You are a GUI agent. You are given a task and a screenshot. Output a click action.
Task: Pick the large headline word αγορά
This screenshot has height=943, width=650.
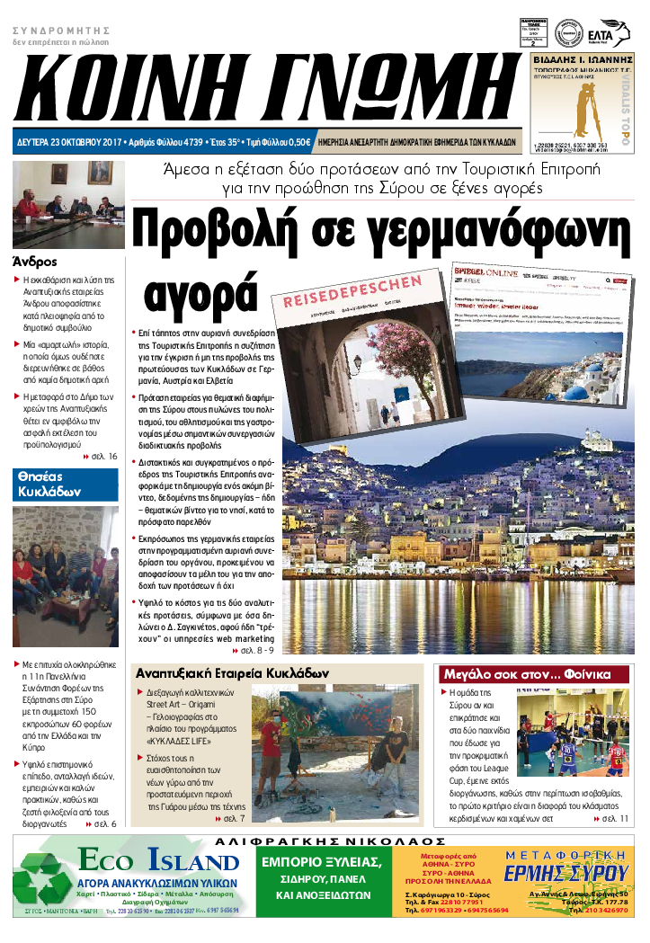(x=202, y=296)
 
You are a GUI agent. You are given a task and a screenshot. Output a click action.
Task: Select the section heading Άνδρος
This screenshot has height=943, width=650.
(x=36, y=262)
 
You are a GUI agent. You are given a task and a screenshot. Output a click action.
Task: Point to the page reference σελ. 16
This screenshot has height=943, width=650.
(x=103, y=457)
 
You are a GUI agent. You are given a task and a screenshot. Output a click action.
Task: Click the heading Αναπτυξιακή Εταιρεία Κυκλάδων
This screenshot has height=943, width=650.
(x=233, y=672)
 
